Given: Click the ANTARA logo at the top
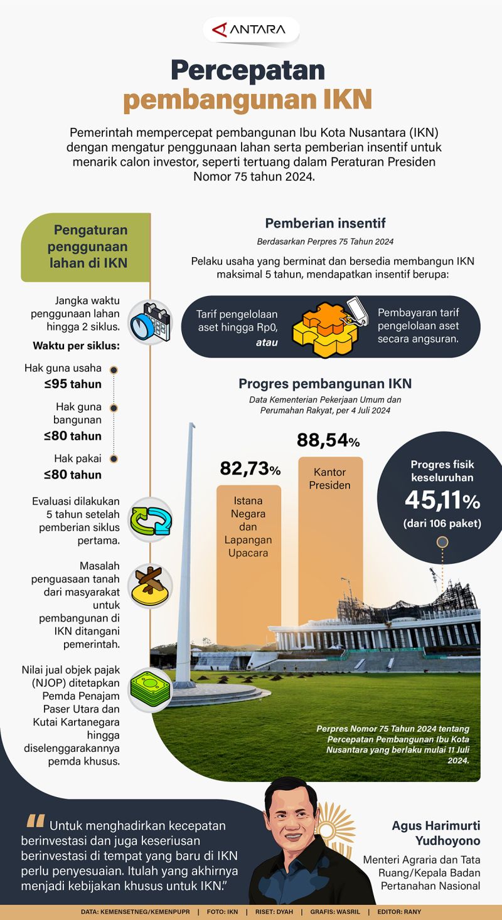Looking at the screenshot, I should click(x=250, y=29).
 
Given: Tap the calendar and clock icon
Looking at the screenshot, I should click(x=151, y=322).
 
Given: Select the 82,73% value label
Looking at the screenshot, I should click(x=250, y=468).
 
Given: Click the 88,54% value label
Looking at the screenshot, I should click(x=328, y=441).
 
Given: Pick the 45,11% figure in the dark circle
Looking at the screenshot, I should click(x=442, y=500).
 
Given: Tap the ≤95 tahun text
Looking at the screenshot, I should click(x=73, y=384).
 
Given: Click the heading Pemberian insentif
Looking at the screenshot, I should click(x=325, y=223).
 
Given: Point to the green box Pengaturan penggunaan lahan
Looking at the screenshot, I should click(x=86, y=246).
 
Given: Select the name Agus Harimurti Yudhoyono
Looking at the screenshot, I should click(x=434, y=833).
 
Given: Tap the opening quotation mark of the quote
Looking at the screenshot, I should click(x=36, y=822).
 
